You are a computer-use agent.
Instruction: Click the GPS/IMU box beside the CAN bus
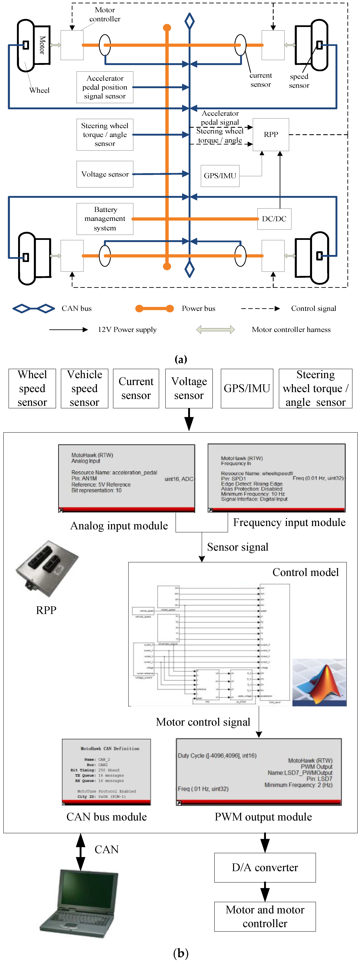220,176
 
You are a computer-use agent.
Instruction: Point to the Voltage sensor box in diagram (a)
105,174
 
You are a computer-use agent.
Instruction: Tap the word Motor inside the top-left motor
42,45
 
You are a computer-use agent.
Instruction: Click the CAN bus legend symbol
34,308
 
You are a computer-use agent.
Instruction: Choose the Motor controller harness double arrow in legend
216,329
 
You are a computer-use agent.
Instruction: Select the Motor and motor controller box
265,916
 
